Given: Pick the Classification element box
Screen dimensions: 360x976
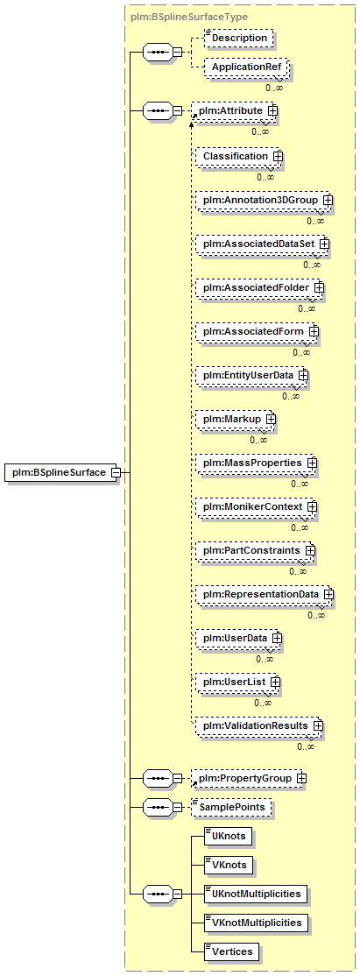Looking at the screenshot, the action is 236,156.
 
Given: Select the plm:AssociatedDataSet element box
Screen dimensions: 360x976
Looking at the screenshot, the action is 262,244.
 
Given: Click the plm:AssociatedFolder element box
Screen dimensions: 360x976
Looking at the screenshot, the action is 259,287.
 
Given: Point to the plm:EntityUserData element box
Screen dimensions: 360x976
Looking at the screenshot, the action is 251,376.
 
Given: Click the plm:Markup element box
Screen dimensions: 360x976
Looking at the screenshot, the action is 235,420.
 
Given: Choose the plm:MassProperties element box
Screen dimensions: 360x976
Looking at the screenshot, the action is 256,463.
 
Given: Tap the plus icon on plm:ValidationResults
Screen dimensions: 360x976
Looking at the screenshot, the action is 318,725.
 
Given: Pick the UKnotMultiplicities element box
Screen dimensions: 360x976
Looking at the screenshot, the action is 256,894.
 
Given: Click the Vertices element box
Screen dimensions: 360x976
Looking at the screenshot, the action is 232,951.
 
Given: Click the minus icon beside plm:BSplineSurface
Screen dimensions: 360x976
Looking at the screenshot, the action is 116,472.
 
